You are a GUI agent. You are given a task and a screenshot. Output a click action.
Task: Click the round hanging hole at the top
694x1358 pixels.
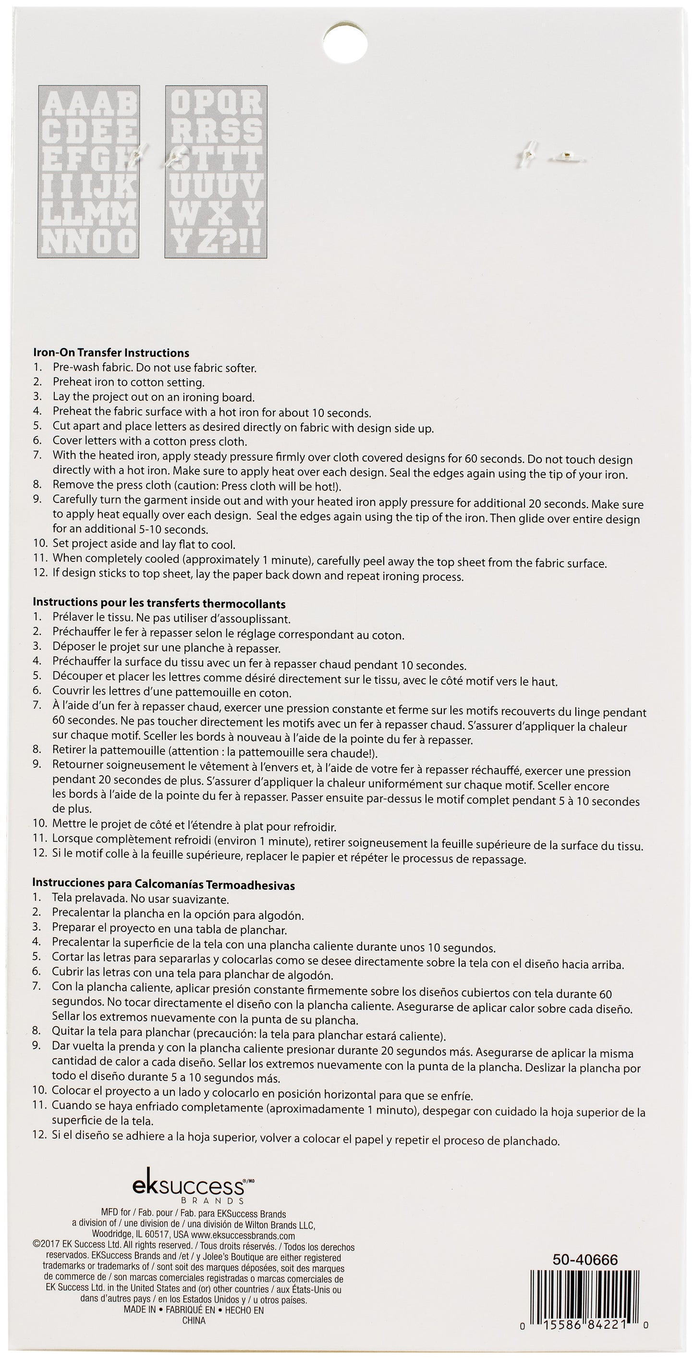(x=345, y=42)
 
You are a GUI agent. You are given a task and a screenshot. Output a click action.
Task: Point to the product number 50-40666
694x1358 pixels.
(x=584, y=1260)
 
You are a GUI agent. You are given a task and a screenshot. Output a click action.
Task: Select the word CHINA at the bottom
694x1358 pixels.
(x=194, y=1331)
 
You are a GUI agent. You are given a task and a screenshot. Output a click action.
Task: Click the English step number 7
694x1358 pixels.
(x=37, y=455)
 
